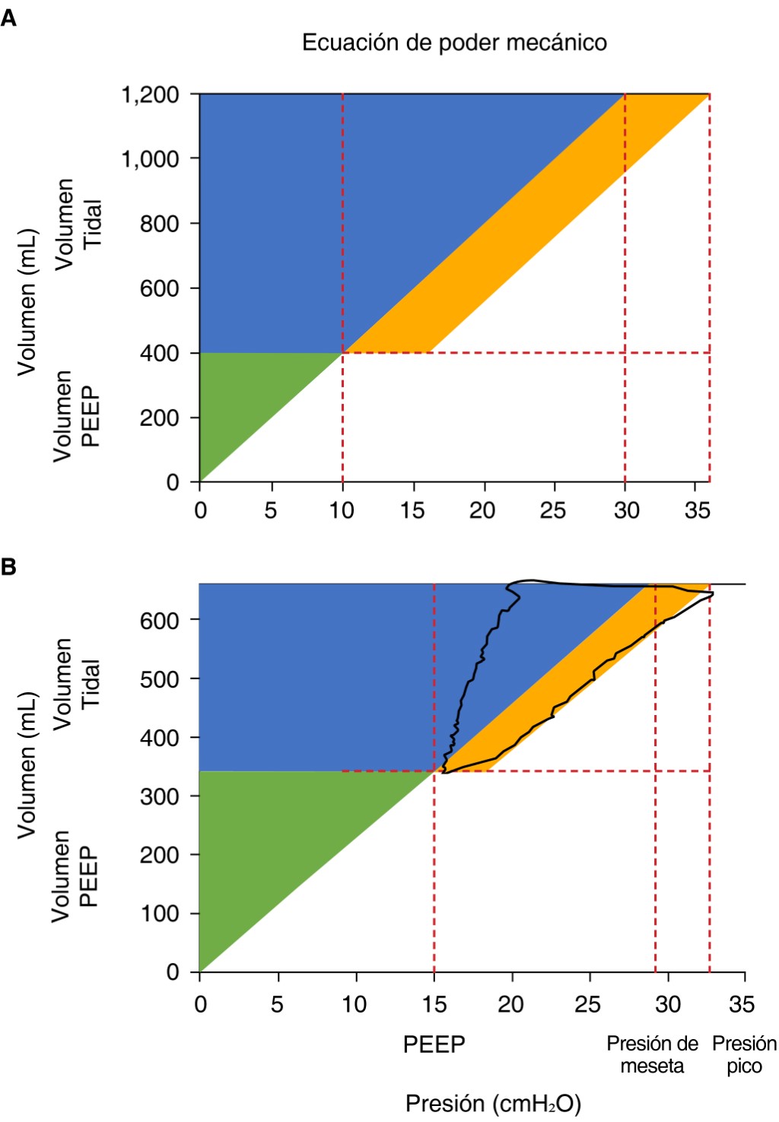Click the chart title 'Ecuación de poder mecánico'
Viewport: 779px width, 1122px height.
(454, 43)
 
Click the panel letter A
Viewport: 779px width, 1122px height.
(9, 17)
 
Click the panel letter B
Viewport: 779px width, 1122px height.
(9, 567)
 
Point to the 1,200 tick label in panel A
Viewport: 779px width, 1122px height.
(151, 95)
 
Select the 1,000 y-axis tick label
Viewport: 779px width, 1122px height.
(151, 159)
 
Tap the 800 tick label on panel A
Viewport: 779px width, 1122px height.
(159, 224)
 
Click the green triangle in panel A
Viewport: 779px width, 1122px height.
(243, 396)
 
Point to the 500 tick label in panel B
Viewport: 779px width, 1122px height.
(159, 679)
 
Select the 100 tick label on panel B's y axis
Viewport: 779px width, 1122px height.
(159, 913)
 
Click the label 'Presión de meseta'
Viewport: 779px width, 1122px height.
(652, 1055)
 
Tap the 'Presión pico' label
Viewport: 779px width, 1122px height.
(744, 1055)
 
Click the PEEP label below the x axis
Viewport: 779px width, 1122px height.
(434, 1044)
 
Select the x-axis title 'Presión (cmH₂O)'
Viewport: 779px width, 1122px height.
(493, 1103)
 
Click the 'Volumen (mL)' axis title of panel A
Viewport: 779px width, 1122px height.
(27, 301)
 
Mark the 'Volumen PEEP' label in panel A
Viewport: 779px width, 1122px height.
(77, 416)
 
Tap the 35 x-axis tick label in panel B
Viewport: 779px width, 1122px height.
(742, 1005)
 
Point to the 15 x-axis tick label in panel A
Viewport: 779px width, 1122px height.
(413, 510)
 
